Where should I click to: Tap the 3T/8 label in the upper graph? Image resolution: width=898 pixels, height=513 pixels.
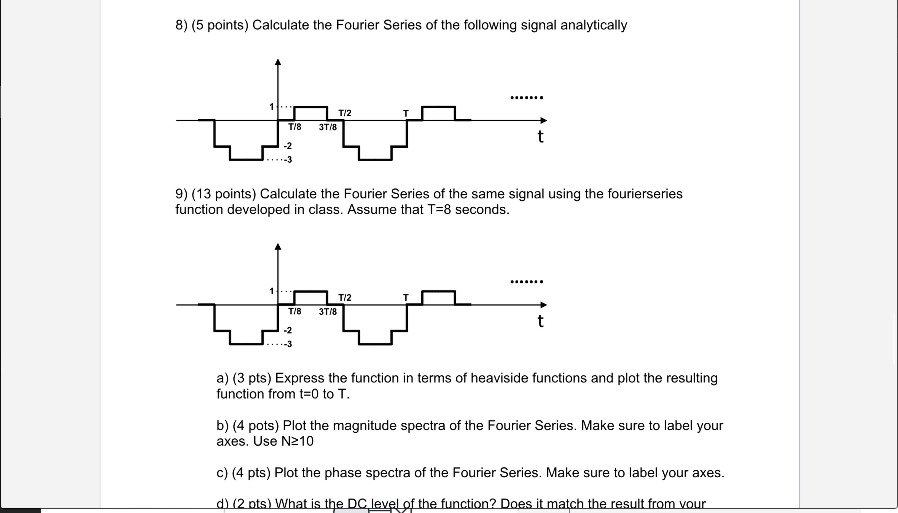click(328, 127)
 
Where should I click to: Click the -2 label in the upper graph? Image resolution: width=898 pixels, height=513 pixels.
click(288, 146)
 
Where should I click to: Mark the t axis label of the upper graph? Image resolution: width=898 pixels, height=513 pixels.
click(541, 137)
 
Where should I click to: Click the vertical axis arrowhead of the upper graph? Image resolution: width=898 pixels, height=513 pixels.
click(278, 62)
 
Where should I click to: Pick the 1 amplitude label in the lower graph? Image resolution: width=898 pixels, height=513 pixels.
click(271, 291)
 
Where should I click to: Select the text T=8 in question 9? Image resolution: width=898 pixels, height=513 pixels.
click(439, 210)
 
